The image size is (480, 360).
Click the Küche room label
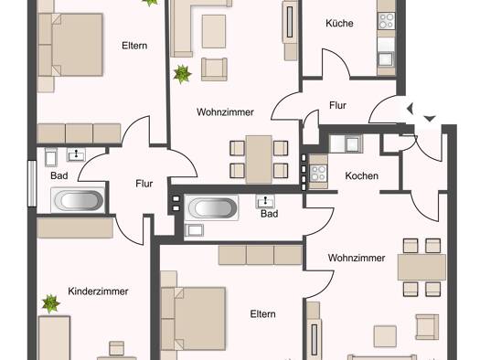click(339, 23)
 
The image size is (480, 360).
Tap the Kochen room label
click(361, 175)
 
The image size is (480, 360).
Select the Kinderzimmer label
click(98, 291)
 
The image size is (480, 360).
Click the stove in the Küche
click(387, 21)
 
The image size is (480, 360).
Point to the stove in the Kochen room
click(318, 173)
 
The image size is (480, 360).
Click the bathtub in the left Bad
click(79, 201)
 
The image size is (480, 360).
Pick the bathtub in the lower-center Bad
click(212, 207)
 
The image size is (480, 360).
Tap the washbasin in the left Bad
click(76, 154)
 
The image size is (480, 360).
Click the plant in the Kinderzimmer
click(50, 303)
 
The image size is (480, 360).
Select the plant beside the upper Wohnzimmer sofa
click(182, 74)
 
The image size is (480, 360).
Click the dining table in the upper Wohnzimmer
click(259, 159)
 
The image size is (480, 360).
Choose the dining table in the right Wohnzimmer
click(421, 268)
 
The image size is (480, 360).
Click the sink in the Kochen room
click(352, 143)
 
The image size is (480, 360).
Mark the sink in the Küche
click(386, 59)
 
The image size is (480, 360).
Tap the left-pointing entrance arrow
click(411, 109)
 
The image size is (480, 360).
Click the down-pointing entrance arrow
click(430, 119)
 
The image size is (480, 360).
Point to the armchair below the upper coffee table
click(214, 69)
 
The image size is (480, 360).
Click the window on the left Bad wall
click(32, 184)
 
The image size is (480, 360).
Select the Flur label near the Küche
click(337, 105)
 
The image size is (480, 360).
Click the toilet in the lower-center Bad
click(194, 230)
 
